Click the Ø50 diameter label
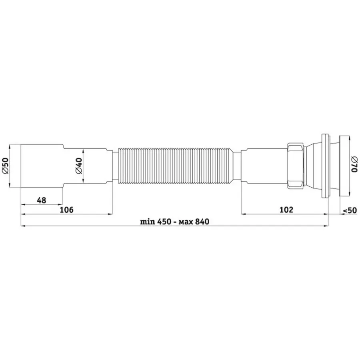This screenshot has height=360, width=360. [x=5, y=166]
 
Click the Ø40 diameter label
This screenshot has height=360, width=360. [x=79, y=166]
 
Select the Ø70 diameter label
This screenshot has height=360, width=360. [x=354, y=164]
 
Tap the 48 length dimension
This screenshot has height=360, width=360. [x=42, y=200]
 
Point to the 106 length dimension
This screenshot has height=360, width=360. [x=66, y=210]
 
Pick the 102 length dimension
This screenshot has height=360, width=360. [x=286, y=210]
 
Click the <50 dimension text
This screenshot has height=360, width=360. [x=350, y=210]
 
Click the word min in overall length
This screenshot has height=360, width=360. [x=148, y=222]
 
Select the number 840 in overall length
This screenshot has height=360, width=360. [x=202, y=222]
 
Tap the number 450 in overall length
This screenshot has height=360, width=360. [x=164, y=222]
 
